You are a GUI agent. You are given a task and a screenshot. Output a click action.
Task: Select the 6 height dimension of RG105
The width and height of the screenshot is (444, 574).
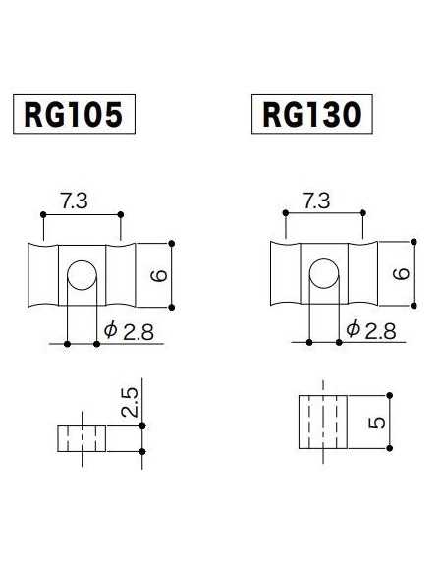tap(158, 277)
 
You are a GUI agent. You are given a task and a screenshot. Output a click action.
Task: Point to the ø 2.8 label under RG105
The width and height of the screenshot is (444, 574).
tap(129, 331)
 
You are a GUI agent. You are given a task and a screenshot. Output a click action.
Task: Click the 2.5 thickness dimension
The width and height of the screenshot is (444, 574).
tap(130, 402)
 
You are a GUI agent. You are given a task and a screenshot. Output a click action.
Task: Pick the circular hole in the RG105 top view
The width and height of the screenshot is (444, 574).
tap(81, 274)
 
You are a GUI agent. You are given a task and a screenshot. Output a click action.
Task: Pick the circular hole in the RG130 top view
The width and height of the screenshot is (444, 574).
tap(322, 272)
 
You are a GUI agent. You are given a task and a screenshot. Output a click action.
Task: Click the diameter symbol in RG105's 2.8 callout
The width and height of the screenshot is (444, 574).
tap(110, 331)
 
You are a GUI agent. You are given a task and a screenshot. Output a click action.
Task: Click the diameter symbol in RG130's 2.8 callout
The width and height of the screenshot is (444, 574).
tap(353, 330)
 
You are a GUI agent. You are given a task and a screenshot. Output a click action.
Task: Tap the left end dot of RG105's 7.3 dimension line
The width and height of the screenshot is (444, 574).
tap(42, 214)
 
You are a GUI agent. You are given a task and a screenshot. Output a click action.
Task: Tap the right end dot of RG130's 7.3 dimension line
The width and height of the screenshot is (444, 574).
tap(364, 211)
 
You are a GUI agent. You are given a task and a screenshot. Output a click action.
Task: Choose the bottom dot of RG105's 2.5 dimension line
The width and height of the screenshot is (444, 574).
tap(143, 451)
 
